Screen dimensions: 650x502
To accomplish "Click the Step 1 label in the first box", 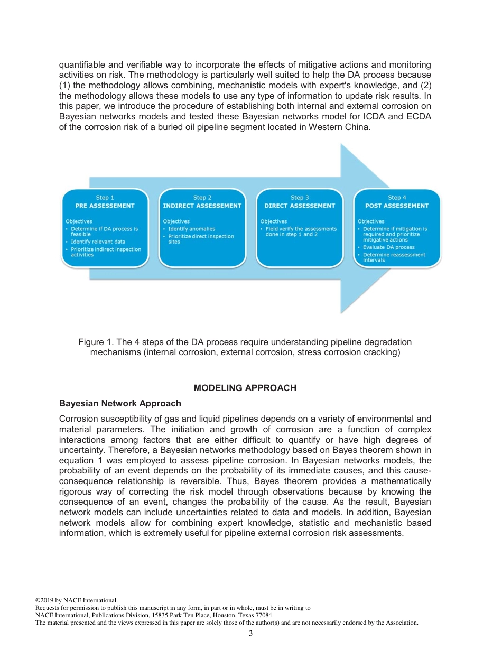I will point(105,198).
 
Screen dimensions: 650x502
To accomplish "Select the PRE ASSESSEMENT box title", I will point(105,206).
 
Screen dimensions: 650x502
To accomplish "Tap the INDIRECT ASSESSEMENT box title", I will point(202,206).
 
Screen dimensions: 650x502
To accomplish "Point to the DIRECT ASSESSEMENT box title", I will point(300,206).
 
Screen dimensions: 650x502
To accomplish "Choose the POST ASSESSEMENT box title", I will point(397,206).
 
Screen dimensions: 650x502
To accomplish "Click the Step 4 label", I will point(397,198).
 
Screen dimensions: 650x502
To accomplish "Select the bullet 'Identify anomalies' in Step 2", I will point(191,229).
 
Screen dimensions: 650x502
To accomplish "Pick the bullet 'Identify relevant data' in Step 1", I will point(98,242).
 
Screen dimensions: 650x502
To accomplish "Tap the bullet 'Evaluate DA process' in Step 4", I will point(388,247).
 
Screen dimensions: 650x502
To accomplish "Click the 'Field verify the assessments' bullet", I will point(301,229).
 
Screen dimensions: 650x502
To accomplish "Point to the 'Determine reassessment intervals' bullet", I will point(394,257).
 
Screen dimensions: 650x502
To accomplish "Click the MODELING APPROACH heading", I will point(245,388).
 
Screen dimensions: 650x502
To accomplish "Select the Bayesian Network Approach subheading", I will point(120,403).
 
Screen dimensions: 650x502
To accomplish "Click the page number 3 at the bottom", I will point(250,634).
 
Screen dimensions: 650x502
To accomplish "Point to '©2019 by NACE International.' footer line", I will point(76,600).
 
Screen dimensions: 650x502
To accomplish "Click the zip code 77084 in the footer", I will point(264,615).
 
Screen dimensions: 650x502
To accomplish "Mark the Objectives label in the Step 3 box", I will point(273,221).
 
